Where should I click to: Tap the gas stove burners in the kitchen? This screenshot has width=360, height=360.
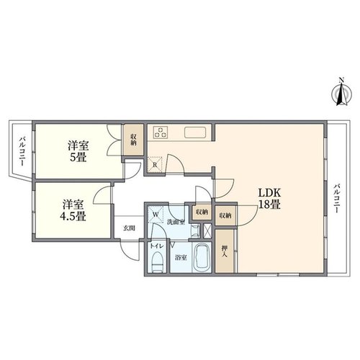tap(161, 132)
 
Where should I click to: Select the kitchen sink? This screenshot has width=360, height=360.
tap(195, 132)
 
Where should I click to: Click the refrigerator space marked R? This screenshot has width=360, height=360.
tap(155, 165)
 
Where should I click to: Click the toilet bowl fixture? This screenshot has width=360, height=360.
tap(158, 262)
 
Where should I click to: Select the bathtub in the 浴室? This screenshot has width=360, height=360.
tap(202, 258)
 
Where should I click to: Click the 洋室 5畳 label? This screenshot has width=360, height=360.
tap(78, 151)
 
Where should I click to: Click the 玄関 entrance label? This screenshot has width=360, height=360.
tap(129, 228)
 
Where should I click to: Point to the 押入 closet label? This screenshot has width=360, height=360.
tap(225, 251)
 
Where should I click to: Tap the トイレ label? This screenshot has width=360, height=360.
tap(157, 246)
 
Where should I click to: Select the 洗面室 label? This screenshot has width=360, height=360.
tap(176, 222)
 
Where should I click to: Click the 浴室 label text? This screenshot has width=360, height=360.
tap(181, 258)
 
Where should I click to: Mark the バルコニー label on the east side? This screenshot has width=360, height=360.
tap(337, 198)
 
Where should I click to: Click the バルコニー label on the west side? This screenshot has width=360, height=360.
tap(22, 151)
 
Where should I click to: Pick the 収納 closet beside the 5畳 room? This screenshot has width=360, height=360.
tap(134, 140)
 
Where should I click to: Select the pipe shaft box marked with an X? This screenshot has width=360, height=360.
tap(207, 230)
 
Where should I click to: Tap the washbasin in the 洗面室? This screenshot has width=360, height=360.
tap(195, 230)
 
